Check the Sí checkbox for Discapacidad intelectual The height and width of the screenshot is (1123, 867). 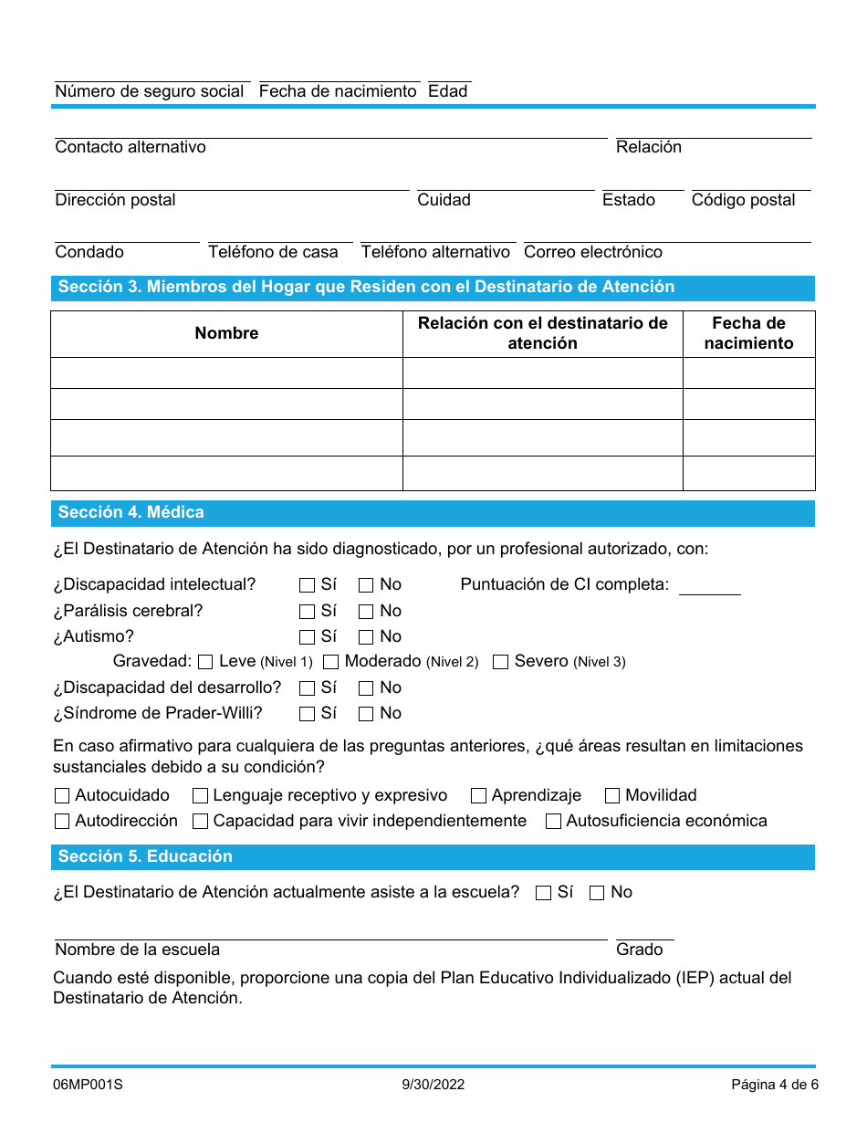click(307, 585)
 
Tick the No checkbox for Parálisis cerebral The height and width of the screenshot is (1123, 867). click(366, 612)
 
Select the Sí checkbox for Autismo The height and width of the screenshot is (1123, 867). click(307, 637)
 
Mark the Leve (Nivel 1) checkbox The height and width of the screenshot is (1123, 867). click(205, 662)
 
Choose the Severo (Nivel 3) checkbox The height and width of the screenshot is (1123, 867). click(500, 662)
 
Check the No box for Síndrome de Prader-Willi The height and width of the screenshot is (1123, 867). click(366, 714)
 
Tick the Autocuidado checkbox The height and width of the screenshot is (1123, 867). click(62, 796)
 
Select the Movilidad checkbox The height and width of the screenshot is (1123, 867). click(612, 796)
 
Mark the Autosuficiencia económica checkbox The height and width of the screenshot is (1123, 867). click(553, 822)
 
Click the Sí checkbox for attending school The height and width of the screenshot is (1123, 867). click(544, 893)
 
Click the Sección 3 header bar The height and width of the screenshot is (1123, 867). click(433, 288)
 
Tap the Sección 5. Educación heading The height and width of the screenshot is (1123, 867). click(145, 856)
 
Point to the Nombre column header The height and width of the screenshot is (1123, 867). click(226, 333)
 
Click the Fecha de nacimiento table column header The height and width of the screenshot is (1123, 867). click(748, 333)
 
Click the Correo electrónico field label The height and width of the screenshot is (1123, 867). click(593, 252)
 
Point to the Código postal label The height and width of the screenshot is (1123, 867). click(743, 200)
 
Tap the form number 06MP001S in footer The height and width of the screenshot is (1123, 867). click(88, 1085)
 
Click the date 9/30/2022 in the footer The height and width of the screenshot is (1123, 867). click(433, 1085)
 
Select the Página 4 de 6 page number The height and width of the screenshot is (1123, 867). click(774, 1085)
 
